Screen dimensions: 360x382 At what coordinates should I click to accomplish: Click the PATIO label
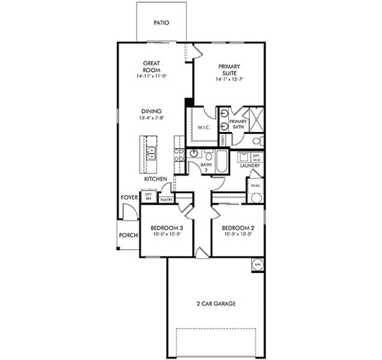point(161,23)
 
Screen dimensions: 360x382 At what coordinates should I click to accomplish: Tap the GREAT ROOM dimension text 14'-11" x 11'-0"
point(150,77)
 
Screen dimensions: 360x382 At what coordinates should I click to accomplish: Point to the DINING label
point(150,111)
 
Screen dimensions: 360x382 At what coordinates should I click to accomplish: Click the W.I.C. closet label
point(203,127)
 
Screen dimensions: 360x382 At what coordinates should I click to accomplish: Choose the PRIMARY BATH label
point(238,124)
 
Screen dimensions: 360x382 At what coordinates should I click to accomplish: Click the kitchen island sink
point(152,154)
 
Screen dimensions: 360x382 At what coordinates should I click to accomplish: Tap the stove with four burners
point(178,157)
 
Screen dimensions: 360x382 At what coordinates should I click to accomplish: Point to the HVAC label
point(256,185)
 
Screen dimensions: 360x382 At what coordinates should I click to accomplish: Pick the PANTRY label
point(166,200)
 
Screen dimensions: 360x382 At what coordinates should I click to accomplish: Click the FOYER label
point(129,197)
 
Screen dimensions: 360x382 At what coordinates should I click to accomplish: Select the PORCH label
point(127,236)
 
